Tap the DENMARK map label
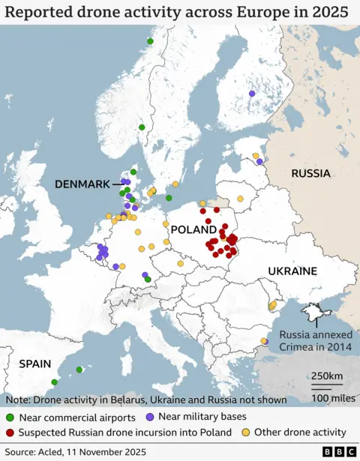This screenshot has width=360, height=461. (82, 184)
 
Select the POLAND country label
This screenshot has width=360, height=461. (193, 229)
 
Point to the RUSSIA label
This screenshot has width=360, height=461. (310, 173)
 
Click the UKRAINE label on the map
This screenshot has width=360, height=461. (292, 271)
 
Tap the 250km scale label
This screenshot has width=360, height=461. (327, 376)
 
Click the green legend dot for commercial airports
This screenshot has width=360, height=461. (10, 418)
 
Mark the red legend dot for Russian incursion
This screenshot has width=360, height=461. (10, 433)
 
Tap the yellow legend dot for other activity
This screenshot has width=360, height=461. (245, 433)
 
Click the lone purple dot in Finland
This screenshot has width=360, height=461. (251, 94)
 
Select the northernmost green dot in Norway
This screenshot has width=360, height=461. (150, 41)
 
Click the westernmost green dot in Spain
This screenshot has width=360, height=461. (54, 382)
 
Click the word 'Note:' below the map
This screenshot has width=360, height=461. (17, 400)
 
